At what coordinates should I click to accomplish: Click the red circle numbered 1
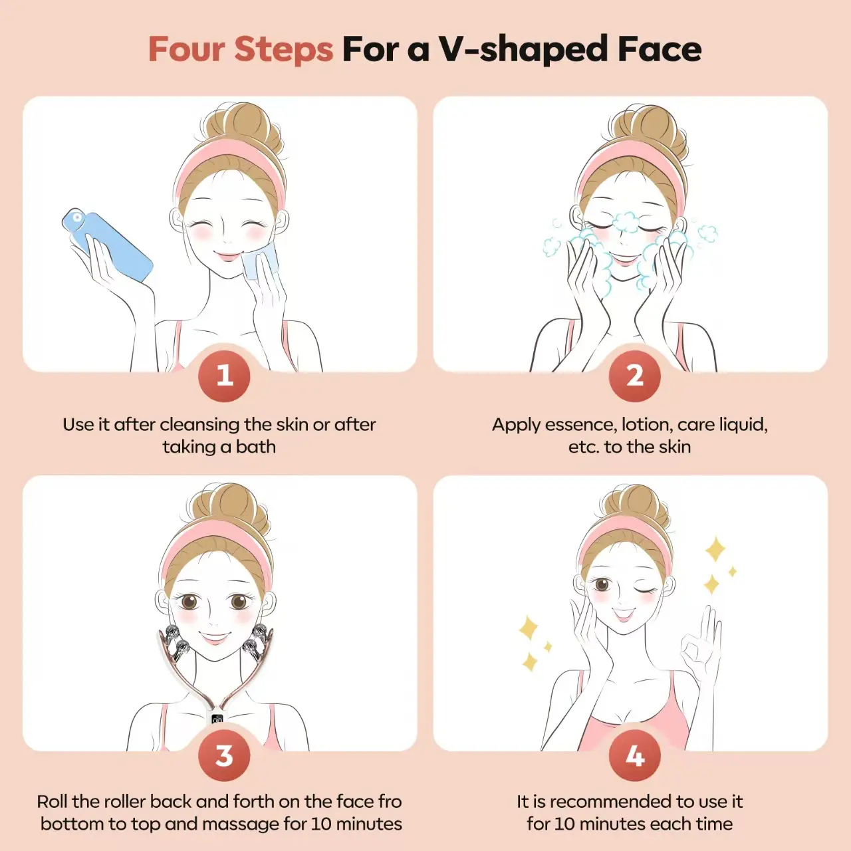[224, 376]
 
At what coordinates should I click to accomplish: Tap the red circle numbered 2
[635, 376]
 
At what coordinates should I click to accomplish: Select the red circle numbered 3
[224, 756]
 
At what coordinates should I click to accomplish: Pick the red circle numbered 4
[635, 756]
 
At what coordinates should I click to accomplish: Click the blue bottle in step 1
[107, 245]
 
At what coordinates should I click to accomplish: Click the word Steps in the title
[283, 50]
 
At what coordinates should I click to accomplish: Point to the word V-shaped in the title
[523, 50]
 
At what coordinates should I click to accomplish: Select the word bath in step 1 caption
[256, 447]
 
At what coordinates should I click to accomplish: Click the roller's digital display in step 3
[217, 719]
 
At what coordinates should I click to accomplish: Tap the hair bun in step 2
[648, 129]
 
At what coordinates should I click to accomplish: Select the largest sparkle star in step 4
[715, 549]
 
